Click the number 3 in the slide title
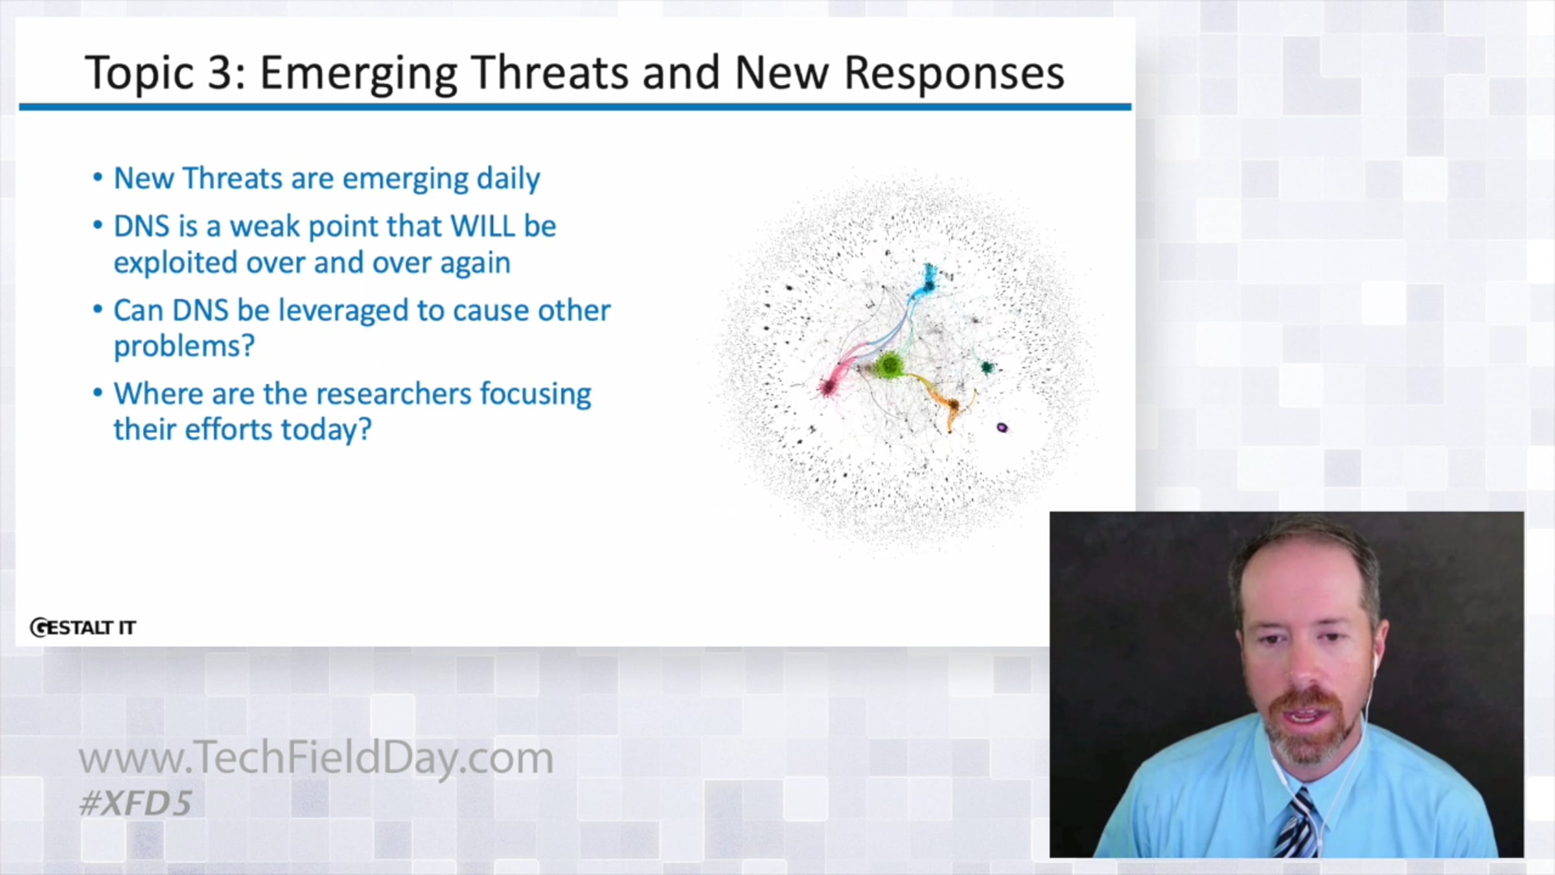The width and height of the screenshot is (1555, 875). click(x=221, y=72)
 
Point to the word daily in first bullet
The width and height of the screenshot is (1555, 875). click(x=508, y=179)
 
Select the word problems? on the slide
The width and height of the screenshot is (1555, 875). click(x=184, y=347)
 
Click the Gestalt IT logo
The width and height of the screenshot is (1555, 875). click(x=83, y=627)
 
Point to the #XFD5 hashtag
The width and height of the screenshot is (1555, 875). click(x=135, y=803)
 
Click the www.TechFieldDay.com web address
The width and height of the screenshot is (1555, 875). click(x=316, y=758)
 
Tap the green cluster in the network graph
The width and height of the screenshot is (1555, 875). click(x=890, y=366)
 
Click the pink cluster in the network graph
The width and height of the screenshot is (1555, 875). click(x=827, y=387)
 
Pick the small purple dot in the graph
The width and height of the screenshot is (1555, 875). click(x=1002, y=428)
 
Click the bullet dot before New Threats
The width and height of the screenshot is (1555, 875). click(x=98, y=178)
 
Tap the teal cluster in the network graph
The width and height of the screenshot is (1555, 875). click(x=987, y=368)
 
